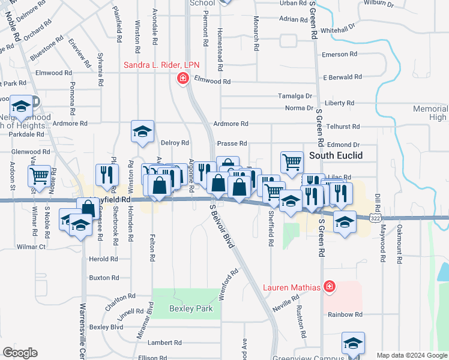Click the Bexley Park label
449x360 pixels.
pyautogui.click(x=186, y=308)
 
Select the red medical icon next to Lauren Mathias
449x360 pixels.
pyautogui.click(x=328, y=287)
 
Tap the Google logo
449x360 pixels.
pyautogui.click(x=20, y=353)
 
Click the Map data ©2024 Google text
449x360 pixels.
pyautogui.click(x=411, y=355)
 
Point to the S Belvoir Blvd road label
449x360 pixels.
pyautogui.click(x=220, y=226)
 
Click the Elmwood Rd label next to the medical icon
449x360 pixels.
pyautogui.click(x=212, y=81)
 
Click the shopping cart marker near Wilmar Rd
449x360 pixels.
pyautogui.click(x=39, y=176)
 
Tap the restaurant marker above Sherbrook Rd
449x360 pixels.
pyautogui.click(x=107, y=174)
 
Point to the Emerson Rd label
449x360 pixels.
pyautogui.click(x=340, y=55)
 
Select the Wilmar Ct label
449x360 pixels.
pyautogui.click(x=32, y=247)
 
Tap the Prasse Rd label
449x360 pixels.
pyautogui.click(x=232, y=143)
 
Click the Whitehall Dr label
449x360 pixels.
pyautogui.click(x=339, y=29)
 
